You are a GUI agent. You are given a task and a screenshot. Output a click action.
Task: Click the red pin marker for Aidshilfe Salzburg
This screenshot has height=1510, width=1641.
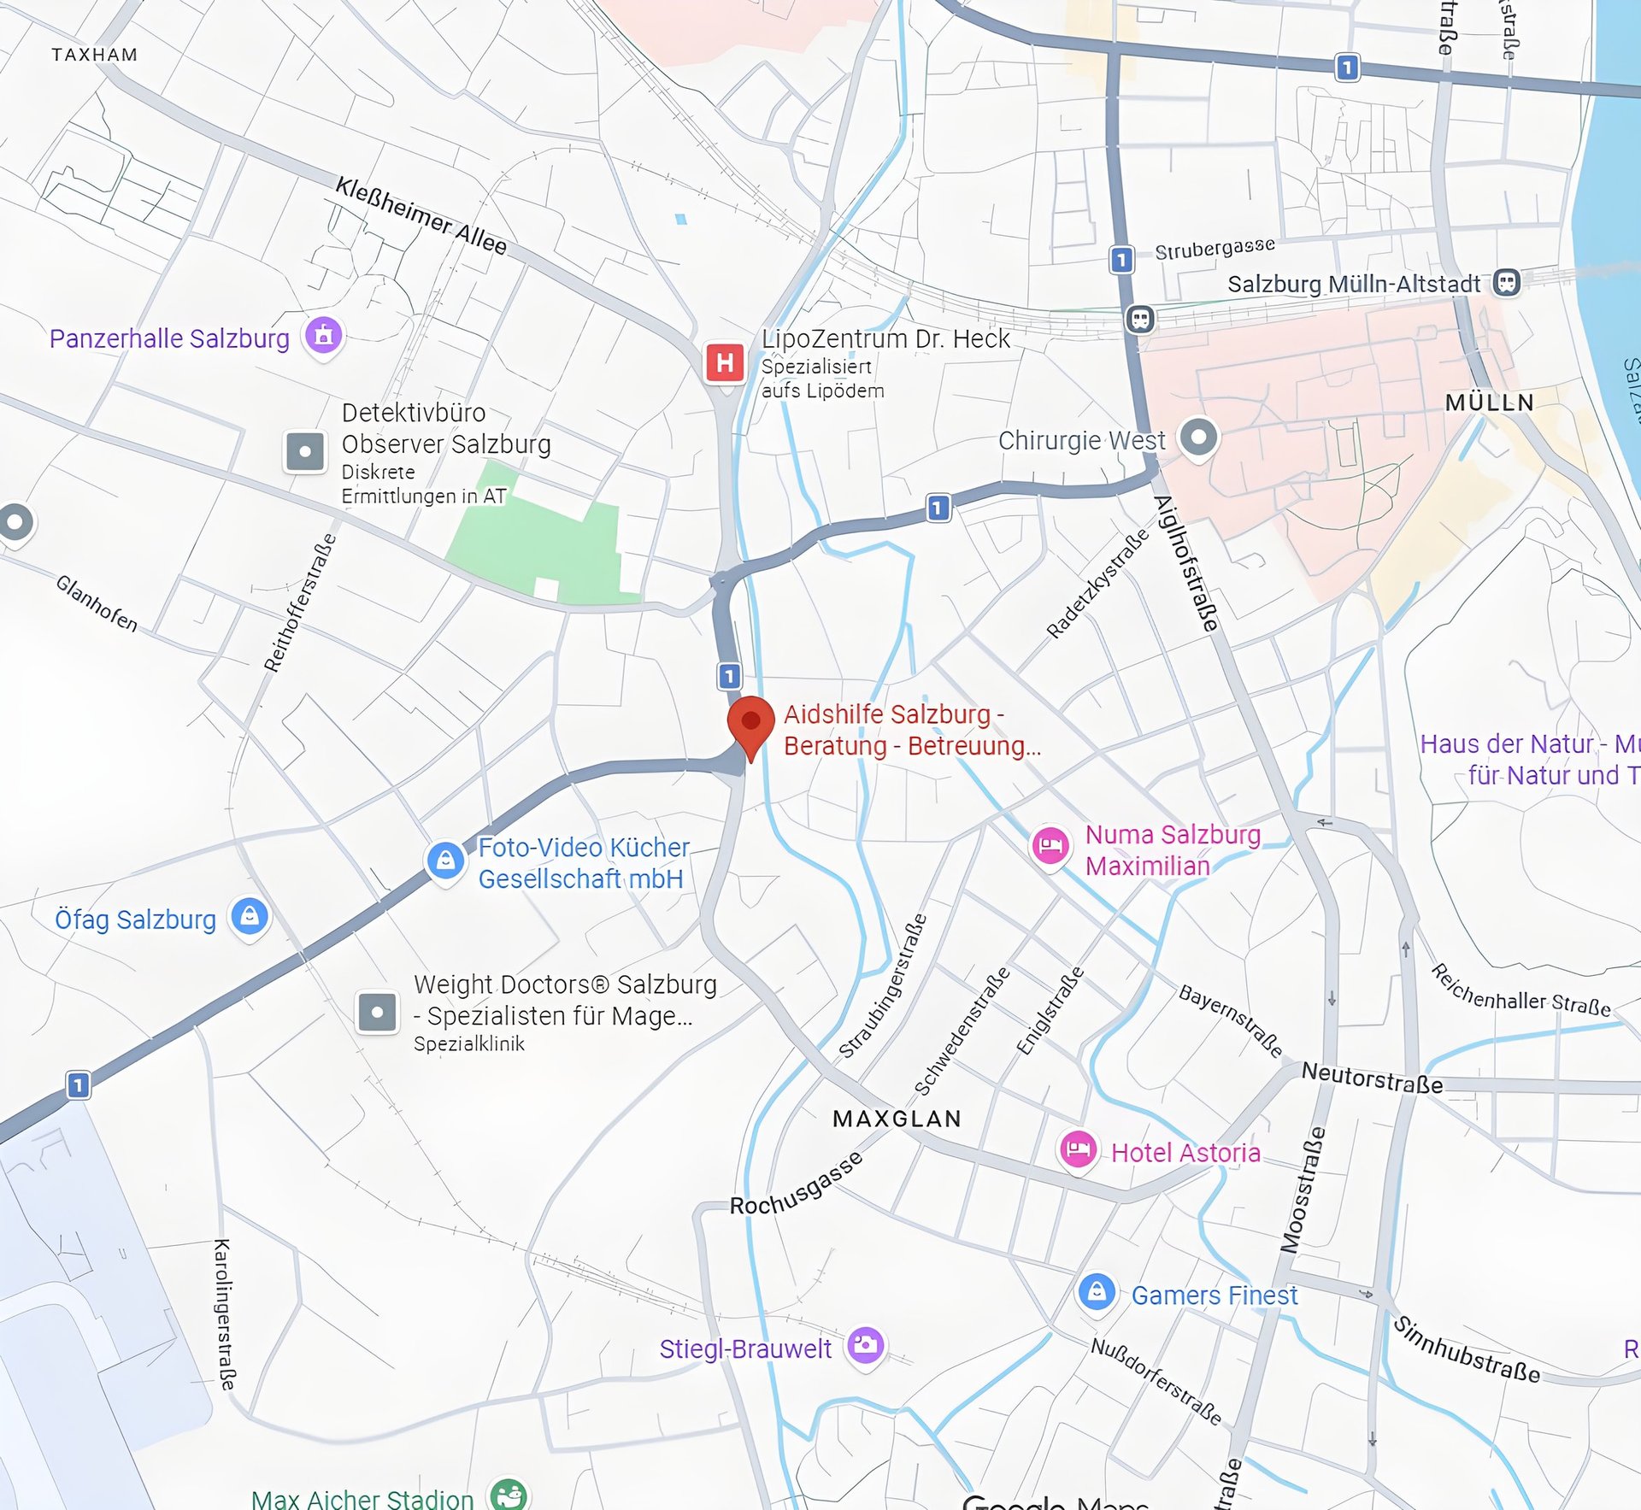pyautogui.click(x=750, y=722)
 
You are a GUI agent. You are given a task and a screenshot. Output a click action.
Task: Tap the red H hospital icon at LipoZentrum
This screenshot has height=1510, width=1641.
pyautogui.click(x=725, y=363)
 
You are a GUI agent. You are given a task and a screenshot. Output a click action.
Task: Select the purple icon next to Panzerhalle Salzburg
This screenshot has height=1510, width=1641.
pyautogui.click(x=324, y=336)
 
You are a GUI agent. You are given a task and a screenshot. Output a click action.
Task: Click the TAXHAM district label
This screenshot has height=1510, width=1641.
pyautogui.click(x=94, y=55)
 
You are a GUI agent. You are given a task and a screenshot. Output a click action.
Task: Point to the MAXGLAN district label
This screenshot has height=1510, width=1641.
pyautogui.click(x=897, y=1119)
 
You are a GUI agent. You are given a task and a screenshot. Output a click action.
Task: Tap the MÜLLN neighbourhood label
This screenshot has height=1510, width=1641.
pyautogui.click(x=1489, y=402)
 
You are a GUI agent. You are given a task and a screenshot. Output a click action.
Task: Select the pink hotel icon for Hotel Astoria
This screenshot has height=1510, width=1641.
pyautogui.click(x=1078, y=1149)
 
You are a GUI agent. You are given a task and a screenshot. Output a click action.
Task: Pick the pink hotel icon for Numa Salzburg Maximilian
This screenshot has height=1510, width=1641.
pyautogui.click(x=1050, y=846)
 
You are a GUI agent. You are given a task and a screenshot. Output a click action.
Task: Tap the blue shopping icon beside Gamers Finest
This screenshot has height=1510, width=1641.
pyautogui.click(x=1097, y=1291)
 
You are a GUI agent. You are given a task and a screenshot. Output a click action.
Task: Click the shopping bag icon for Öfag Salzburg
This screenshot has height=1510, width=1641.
pyautogui.click(x=250, y=917)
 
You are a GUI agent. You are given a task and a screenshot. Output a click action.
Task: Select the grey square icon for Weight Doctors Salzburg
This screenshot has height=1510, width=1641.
pyautogui.click(x=377, y=1012)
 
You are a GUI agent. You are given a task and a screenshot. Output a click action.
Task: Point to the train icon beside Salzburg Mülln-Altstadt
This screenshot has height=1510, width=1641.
pyautogui.click(x=1506, y=282)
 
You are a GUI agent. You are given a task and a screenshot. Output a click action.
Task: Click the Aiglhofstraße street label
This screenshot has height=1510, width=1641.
pyautogui.click(x=1185, y=564)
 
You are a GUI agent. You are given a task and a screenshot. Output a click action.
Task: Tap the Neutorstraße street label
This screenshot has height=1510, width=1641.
pyautogui.click(x=1372, y=1078)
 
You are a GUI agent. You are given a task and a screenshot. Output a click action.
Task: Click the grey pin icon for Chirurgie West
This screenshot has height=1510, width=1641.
pyautogui.click(x=1198, y=438)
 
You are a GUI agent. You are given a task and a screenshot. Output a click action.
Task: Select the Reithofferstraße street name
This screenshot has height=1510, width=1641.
pyautogui.click(x=299, y=603)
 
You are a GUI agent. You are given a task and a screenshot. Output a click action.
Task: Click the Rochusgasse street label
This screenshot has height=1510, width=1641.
pyautogui.click(x=796, y=1184)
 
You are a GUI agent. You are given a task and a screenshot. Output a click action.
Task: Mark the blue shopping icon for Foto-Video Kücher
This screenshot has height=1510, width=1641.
pyautogui.click(x=445, y=861)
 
